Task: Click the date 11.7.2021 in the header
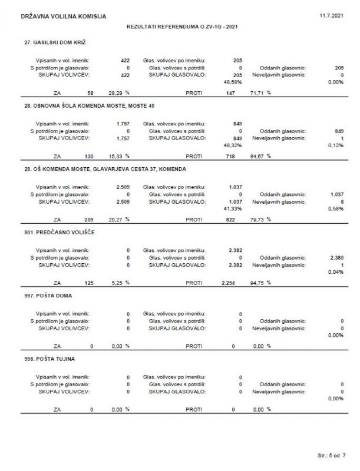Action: point(331,15)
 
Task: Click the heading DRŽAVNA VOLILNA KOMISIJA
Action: point(63,16)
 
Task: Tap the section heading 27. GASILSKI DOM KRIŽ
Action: point(55,43)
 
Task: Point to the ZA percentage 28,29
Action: point(115,92)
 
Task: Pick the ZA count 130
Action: point(88,156)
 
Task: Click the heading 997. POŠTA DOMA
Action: point(48,297)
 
